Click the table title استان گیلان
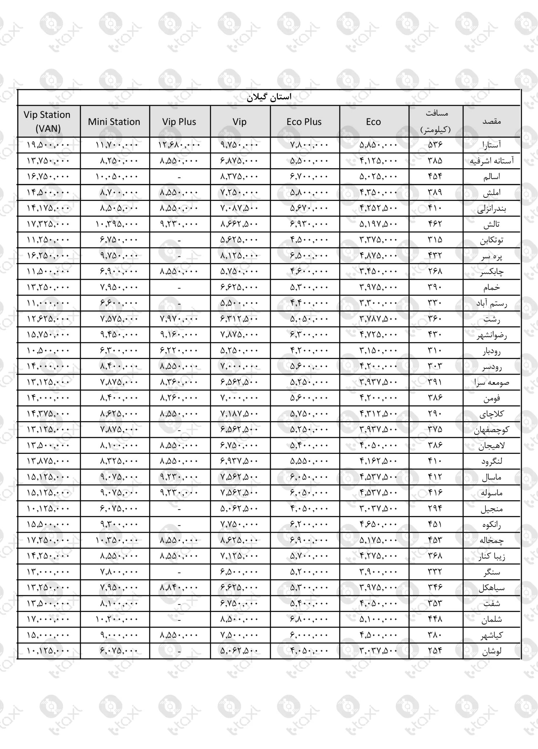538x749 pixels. pos(269,97)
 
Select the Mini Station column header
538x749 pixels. pos(114,121)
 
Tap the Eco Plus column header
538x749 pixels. pos(304,121)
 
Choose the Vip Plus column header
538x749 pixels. pos(179,121)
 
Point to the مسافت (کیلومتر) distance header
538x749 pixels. pos(436,121)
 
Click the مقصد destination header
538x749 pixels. pos(491,121)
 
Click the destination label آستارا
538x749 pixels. pos(491,145)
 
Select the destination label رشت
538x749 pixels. pos(491,319)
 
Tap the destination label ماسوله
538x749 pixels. pos(491,493)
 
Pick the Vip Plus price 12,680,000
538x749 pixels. pos(179,145)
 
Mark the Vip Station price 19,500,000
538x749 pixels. pos(48,145)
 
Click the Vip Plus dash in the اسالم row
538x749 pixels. pos(179,177)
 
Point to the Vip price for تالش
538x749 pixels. pos(239,224)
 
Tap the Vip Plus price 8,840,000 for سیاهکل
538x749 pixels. pos(179,587)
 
